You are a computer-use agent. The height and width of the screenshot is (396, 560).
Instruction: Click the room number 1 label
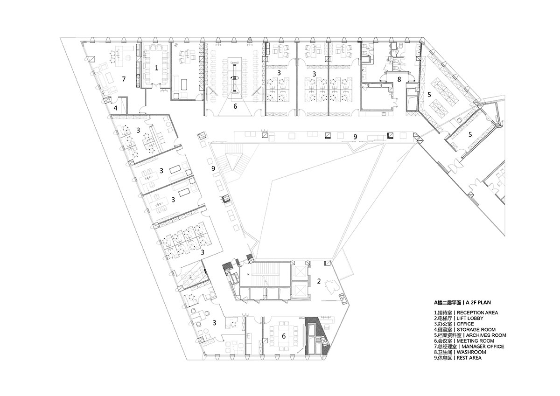click(156, 68)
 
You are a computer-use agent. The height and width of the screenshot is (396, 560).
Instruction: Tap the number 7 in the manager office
click(124, 79)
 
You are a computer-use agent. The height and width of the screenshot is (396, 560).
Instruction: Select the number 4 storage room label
click(115, 108)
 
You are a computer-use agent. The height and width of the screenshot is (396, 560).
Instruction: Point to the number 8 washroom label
click(399, 79)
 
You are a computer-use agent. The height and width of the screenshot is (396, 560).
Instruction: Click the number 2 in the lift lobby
click(319, 281)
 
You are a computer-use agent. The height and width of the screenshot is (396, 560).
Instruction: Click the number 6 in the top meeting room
click(235, 106)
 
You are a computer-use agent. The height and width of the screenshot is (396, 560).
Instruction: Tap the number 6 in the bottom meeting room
click(284, 336)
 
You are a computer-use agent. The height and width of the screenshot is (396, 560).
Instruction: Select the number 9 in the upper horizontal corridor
click(355, 137)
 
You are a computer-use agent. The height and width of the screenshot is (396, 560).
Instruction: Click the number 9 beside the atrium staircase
click(213, 169)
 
